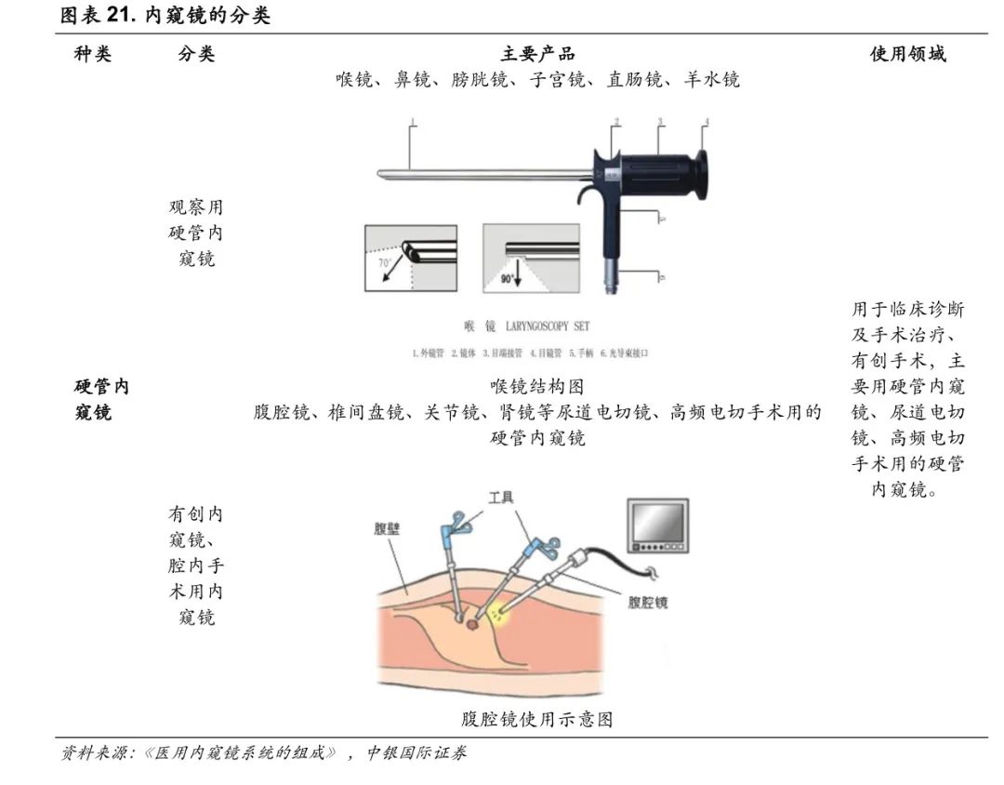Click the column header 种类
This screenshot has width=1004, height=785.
(93, 54)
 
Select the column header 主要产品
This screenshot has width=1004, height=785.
(537, 54)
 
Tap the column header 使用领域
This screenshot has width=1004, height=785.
(907, 54)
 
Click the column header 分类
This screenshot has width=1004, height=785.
(196, 54)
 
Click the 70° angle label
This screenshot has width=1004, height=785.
(384, 263)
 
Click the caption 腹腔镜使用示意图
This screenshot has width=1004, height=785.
(537, 719)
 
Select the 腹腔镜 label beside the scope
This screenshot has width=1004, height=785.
(648, 602)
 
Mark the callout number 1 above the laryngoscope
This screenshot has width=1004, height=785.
(412, 122)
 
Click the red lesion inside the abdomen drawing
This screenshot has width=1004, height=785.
(472, 626)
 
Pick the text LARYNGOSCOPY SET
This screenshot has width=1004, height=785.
(548, 326)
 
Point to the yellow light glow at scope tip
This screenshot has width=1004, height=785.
(500, 614)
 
